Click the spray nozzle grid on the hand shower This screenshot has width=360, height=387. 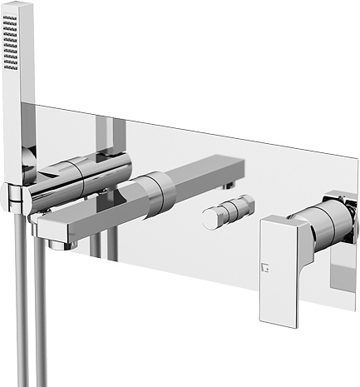pyautogui.click(x=11, y=41)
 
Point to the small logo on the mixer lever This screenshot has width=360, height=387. pyautogui.click(x=268, y=269)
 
